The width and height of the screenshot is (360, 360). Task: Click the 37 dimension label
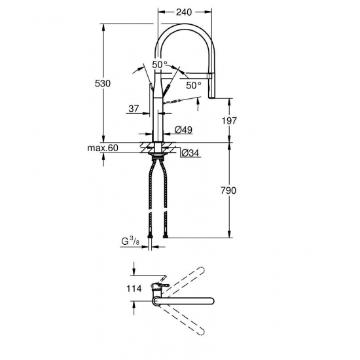tap(134, 109)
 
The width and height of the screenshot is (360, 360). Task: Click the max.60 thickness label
tap(102, 149)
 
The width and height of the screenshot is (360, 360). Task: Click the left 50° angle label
tap(160, 64)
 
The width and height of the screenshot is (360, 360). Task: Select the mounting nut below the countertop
tap(158, 156)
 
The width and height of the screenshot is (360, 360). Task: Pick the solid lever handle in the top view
tap(162, 285)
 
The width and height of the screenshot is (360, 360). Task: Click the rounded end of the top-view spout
tap(211, 301)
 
